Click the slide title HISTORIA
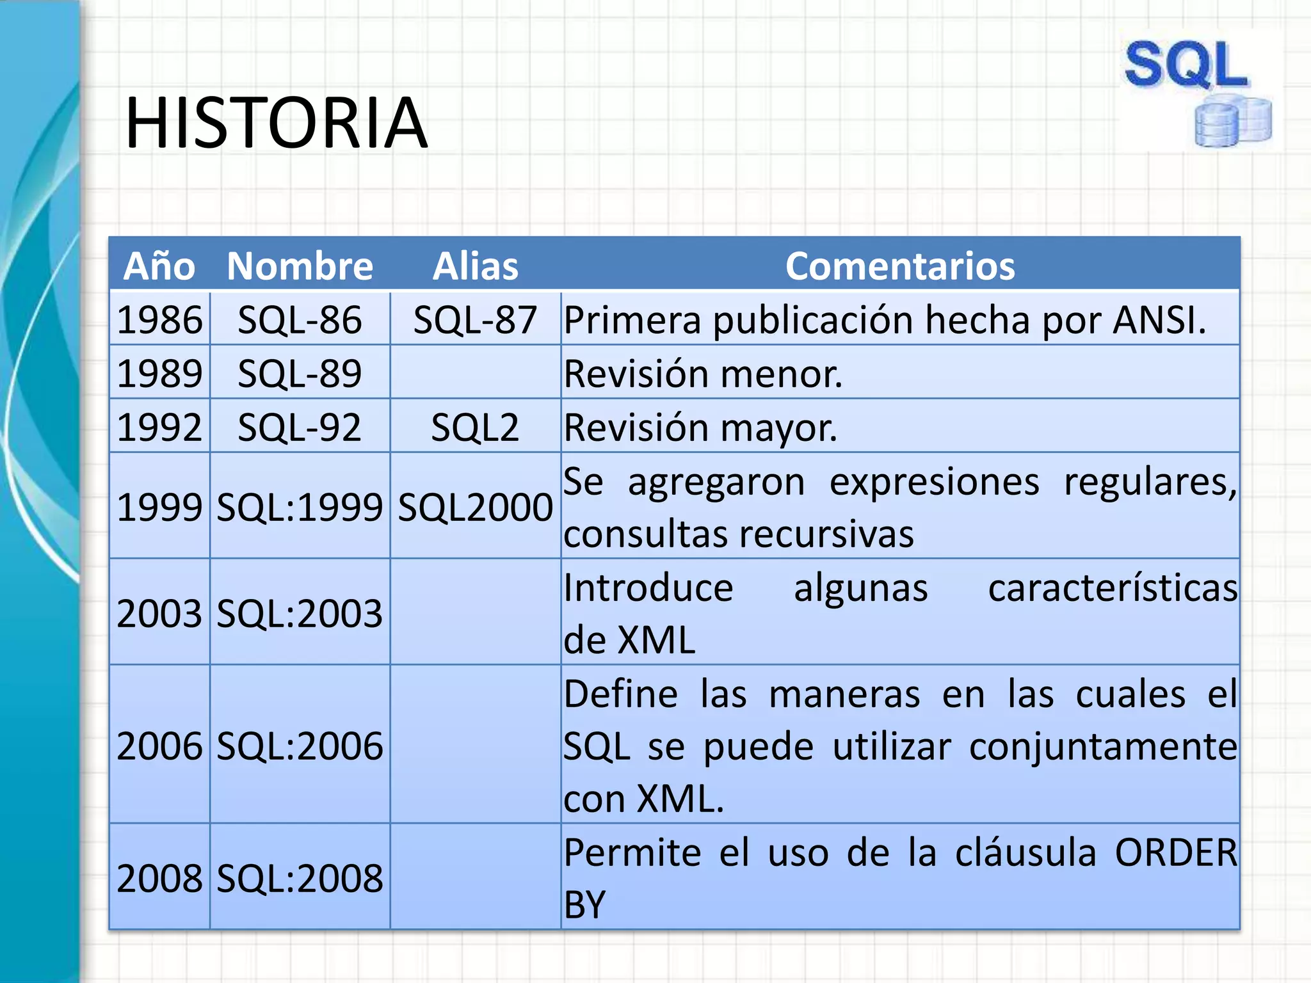pyautogui.click(x=276, y=123)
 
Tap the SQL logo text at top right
pyautogui.click(x=1186, y=65)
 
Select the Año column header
pyautogui.click(x=159, y=266)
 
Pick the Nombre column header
pyautogui.click(x=300, y=266)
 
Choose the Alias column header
pyautogui.click(x=475, y=266)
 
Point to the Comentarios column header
pyautogui.click(x=900, y=266)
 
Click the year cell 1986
pyautogui.click(x=159, y=319)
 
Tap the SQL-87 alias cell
pyautogui.click(x=475, y=319)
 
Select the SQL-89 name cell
pyautogui.click(x=300, y=373)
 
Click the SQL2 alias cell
pyautogui.click(x=475, y=427)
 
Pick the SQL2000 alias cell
pyautogui.click(x=475, y=507)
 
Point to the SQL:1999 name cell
pyautogui.click(x=300, y=507)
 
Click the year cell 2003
pyautogui.click(x=159, y=613)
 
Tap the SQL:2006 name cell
pyautogui.click(x=300, y=746)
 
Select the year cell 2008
pyautogui.click(x=159, y=877)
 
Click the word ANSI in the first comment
pyautogui.click(x=1158, y=319)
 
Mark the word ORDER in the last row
pyautogui.click(x=1176, y=852)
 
